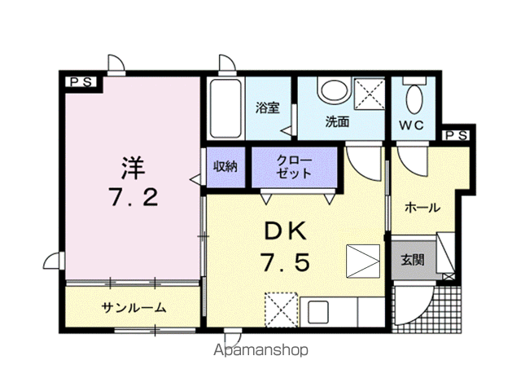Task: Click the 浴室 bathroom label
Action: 268,108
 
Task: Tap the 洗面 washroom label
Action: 337,121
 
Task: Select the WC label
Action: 411,125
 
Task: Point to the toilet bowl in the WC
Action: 414,99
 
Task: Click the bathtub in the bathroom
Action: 225,108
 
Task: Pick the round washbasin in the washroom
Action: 333,90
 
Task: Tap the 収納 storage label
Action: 225,166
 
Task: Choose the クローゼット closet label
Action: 295,167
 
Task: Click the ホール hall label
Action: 422,208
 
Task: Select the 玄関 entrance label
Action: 413,260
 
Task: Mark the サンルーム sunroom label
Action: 134,308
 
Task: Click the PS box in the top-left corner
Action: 81,82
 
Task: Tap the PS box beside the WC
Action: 456,135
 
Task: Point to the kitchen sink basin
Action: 318,312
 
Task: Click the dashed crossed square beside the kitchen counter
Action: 281,310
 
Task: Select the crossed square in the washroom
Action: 370,94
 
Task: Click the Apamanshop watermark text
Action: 260,350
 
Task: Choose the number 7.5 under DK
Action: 286,261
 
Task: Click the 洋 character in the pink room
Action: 134,168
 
